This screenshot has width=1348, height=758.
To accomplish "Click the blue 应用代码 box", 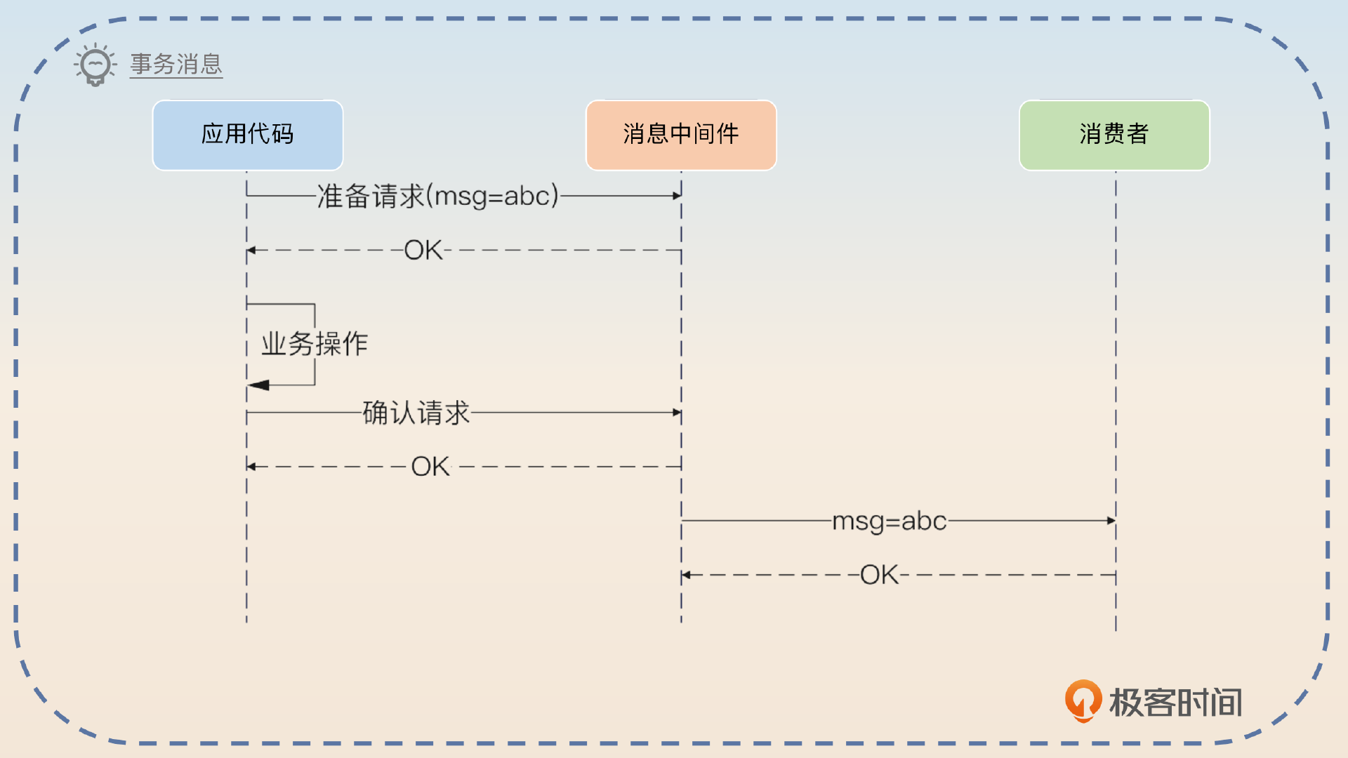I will [248, 135].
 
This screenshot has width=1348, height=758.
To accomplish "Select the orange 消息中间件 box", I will [681, 135].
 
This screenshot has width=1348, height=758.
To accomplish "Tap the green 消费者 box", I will [1114, 135].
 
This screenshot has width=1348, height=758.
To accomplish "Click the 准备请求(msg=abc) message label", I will [438, 196].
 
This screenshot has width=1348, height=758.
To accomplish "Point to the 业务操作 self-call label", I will [315, 344].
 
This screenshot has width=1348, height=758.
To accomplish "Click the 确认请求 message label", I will [416, 413].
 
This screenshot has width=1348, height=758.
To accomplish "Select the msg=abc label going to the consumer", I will [889, 521].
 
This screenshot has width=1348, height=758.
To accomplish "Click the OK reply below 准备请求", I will [423, 250].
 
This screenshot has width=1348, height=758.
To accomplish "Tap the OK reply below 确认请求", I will [430, 467].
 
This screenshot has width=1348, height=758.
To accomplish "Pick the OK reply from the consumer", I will [879, 575].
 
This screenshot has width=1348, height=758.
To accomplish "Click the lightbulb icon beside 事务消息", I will [95, 65].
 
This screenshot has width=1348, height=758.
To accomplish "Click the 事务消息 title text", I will [176, 65].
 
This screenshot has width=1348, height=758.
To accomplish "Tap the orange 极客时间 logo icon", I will [1083, 700].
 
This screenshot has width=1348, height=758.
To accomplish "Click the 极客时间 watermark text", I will [1175, 702].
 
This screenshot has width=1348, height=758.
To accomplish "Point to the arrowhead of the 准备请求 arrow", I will [677, 196].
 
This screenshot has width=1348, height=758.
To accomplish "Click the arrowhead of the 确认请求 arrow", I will [677, 413].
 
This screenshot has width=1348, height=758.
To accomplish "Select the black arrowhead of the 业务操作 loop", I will [258, 385].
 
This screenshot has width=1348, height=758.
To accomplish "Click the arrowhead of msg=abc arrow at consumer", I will [1111, 521].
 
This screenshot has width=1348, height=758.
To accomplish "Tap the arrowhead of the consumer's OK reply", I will [687, 575].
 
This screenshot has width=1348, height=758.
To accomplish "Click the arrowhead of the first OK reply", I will [251, 250].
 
